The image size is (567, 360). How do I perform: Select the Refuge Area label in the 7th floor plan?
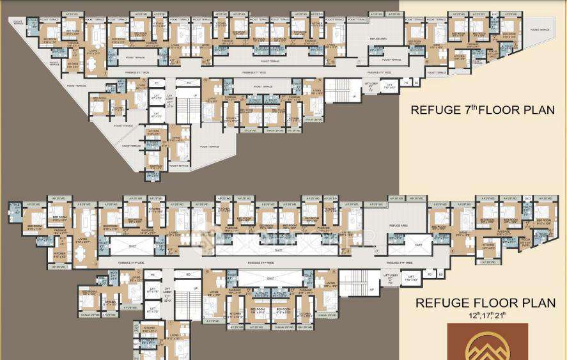[377, 39]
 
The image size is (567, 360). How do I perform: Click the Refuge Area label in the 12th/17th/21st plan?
[398, 226]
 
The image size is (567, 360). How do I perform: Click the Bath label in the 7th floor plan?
[121, 82]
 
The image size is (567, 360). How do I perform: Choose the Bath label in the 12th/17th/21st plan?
[114, 273]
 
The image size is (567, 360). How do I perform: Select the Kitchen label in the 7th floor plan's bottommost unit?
[153, 132]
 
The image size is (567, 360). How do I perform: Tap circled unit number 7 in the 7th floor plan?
[359, 62]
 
